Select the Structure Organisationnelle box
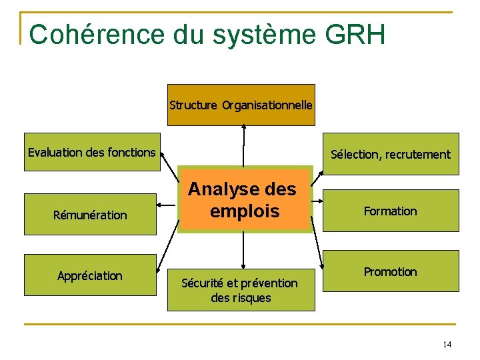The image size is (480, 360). coord(241,105)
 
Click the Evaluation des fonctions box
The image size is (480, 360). coord(91,153)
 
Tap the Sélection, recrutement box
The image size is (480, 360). coord(391,155)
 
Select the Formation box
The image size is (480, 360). coord(391,211)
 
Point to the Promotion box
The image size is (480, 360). coord(391,271)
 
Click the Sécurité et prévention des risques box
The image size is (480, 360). coord(241,290)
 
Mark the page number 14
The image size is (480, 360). coord(447,344)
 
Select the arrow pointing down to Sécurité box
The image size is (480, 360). coord(243,250)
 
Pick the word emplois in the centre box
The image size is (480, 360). coord(244,211)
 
